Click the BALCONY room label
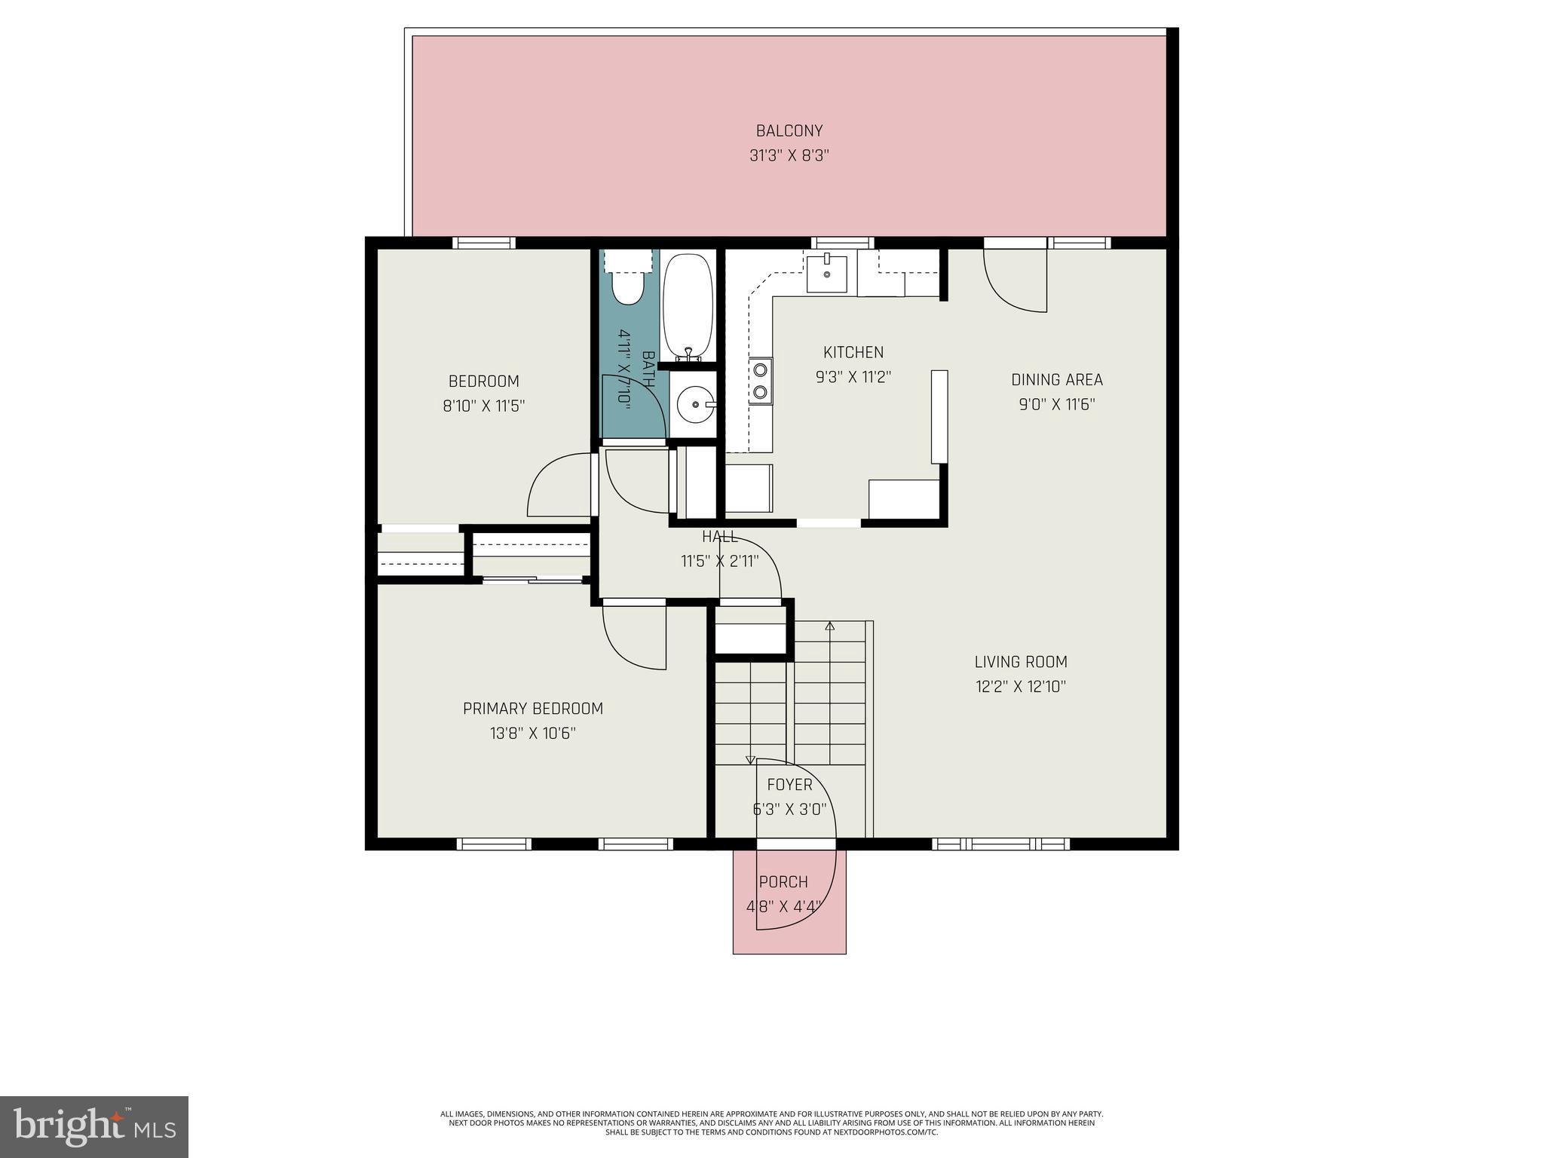pos(789,131)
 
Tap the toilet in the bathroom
pos(627,286)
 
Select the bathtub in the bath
pos(688,307)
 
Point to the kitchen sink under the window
pos(827,273)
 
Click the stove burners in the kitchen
pos(761,381)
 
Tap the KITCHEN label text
pos(853,352)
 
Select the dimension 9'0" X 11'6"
pos(1056,405)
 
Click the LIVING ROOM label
pos(1021,662)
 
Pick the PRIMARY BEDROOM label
pos(533,709)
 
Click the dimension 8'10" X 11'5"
pos(483,406)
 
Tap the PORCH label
pos(783,881)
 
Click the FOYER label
pos(789,785)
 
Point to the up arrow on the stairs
pos(830,626)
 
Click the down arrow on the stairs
pos(750,760)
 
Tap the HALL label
pos(719,537)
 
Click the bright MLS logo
pos(94,1126)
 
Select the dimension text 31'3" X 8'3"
pos(789,156)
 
